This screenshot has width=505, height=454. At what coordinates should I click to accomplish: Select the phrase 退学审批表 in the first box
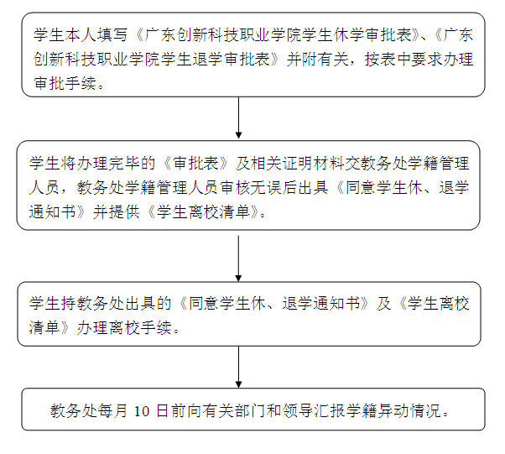pyautogui.click(x=232, y=60)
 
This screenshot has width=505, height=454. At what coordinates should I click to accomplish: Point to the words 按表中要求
pyautogui.click(x=403, y=60)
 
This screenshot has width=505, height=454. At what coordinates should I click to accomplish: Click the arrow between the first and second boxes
pyautogui.click(x=238, y=117)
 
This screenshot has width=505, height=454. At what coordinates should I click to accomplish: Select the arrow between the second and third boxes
pyautogui.click(x=238, y=258)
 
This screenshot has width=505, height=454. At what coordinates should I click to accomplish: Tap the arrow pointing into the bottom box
pyautogui.click(x=238, y=367)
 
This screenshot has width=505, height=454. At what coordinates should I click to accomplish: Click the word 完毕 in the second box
pyautogui.click(x=124, y=163)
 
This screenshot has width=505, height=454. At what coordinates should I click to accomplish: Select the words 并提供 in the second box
pyautogui.click(x=117, y=212)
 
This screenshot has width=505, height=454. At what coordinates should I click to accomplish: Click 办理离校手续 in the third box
pyautogui.click(x=124, y=327)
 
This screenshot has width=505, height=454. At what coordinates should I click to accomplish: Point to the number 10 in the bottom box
pyautogui.click(x=142, y=411)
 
